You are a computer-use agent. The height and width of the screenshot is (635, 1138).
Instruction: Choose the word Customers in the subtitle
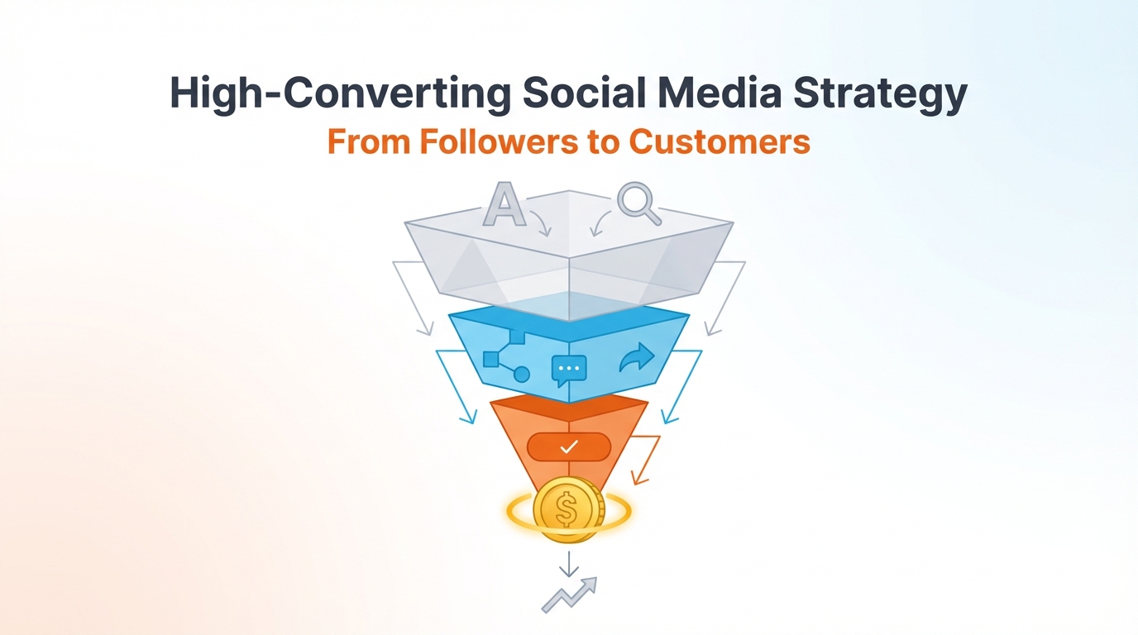[x=719, y=141]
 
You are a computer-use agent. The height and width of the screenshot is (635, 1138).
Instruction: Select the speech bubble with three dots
[x=569, y=370]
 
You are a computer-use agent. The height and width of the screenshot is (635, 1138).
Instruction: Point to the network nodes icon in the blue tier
[x=505, y=356]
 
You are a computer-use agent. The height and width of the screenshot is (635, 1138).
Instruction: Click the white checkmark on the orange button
[x=568, y=447]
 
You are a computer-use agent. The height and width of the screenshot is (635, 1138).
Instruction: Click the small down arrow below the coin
[x=568, y=563]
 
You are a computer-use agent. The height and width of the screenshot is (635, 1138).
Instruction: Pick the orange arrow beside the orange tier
[x=647, y=458]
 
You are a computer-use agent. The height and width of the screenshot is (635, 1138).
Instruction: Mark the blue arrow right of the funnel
[x=681, y=385]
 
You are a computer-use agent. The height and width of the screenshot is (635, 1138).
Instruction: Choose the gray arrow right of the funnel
[x=725, y=298]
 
